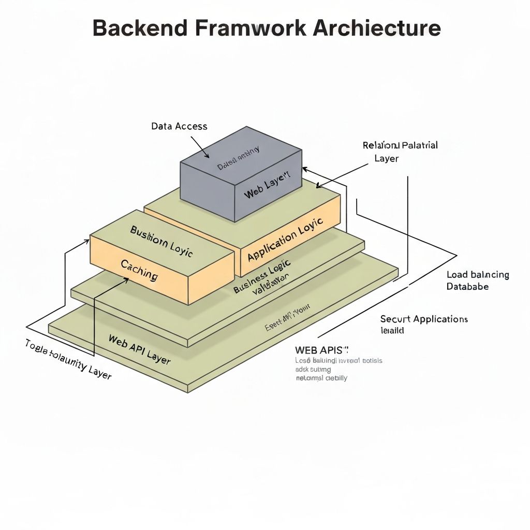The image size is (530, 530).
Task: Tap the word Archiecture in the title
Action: (x=377, y=28)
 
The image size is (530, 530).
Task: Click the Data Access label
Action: (x=179, y=126)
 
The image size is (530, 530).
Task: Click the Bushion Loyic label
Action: (x=161, y=241)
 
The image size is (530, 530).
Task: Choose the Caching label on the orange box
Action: (x=139, y=270)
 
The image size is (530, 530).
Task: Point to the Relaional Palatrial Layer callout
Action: (x=400, y=151)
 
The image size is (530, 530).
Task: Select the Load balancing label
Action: (x=477, y=275)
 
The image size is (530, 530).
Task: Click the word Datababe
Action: (x=467, y=286)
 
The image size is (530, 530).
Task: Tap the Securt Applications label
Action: (x=424, y=319)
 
